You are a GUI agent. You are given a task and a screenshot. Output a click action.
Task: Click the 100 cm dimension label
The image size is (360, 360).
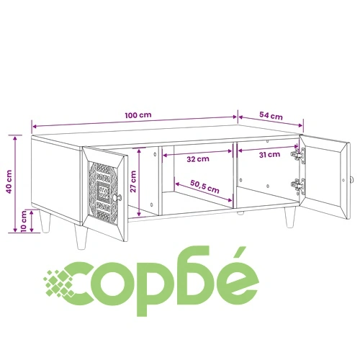coord(138,115)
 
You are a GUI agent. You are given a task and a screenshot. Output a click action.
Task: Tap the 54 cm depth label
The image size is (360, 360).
coord(271,116)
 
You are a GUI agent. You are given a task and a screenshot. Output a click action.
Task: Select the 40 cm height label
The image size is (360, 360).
coord(9,181)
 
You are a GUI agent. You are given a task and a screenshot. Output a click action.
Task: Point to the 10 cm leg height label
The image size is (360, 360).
coord(24,222)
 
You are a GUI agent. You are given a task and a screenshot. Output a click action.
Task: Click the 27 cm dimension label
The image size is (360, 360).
coord(133,181)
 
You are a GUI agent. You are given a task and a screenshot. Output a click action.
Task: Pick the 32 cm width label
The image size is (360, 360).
coord(198,159)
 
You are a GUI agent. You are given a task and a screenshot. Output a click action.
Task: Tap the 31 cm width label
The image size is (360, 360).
coord(269,155)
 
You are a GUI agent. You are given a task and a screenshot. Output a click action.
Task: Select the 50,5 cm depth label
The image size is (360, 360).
coord(204,186)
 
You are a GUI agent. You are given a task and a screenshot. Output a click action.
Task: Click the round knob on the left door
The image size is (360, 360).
coord(117,198)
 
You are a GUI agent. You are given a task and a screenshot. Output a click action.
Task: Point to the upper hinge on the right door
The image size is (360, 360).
coord(298,155)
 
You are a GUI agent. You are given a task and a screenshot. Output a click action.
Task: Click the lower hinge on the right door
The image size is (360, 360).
coord(298,186)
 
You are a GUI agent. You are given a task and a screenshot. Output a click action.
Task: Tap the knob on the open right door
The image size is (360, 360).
coord(352,179)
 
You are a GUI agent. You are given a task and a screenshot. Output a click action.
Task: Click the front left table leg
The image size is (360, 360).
coord(81,237)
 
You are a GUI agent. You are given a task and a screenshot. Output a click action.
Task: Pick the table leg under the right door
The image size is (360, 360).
coord(290,217)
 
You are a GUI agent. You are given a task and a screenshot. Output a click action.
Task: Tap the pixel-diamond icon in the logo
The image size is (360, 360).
coord(59,283)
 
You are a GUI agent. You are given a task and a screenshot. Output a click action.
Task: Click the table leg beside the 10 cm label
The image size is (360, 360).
coord(45,221)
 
